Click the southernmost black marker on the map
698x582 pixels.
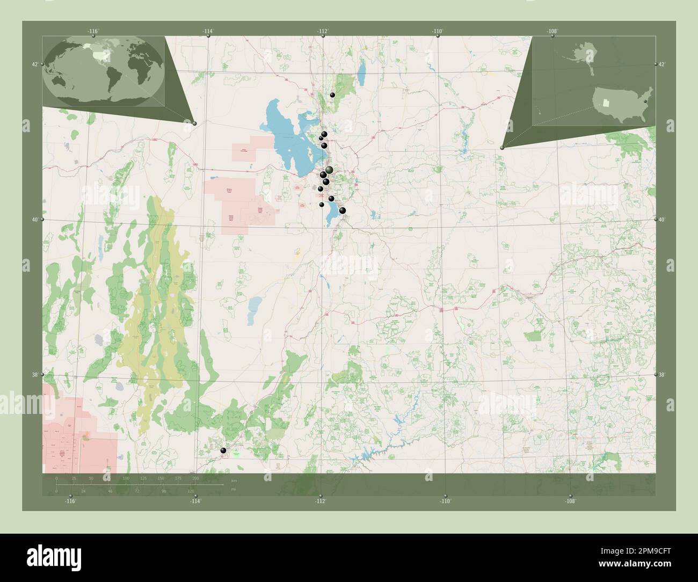pyautogui.click(x=223, y=450)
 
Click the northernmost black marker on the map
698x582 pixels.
pyautogui.click(x=333, y=95)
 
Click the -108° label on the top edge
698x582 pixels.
pyautogui.click(x=552, y=31)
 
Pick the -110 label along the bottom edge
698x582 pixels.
pyautogui.click(x=445, y=501)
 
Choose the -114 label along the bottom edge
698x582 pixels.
pyautogui.click(x=195, y=501)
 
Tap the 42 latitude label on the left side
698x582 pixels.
pyautogui.click(x=34, y=64)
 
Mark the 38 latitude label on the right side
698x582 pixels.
pyautogui.click(x=661, y=375)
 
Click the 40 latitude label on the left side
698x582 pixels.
pyautogui.click(x=34, y=220)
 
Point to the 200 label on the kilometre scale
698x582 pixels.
pyautogui.click(x=195, y=478)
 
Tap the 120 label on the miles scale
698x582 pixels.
pyautogui.click(x=191, y=491)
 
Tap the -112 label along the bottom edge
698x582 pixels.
pyautogui.click(x=321, y=501)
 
